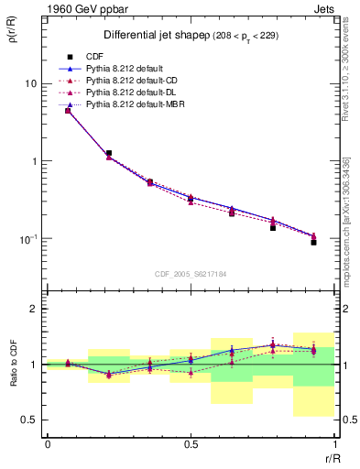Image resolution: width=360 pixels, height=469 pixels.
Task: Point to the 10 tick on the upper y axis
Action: click(x=30, y=83)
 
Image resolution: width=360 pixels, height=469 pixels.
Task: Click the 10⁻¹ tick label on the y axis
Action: click(x=27, y=239)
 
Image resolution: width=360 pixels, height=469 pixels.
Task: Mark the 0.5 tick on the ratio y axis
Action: click(x=30, y=420)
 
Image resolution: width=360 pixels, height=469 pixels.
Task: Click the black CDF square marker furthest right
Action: click(x=313, y=242)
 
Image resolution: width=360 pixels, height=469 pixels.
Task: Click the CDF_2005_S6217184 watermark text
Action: click(x=190, y=273)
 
